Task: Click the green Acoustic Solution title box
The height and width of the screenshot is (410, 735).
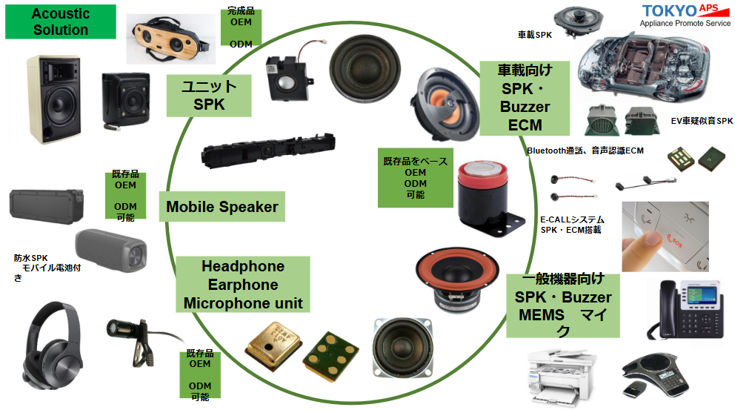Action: tap(61, 22)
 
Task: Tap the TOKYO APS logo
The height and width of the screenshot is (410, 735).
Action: tap(686, 16)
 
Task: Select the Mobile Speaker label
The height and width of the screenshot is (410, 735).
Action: tap(222, 206)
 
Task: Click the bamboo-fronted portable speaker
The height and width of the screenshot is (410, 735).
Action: tap(170, 39)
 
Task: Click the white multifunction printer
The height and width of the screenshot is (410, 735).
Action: tap(561, 377)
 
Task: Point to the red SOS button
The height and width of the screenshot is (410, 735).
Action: tap(675, 241)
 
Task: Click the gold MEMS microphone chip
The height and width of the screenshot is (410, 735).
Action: tap(273, 345)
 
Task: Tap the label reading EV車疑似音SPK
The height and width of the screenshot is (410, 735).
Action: tap(701, 121)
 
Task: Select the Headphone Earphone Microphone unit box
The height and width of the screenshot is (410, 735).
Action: tap(243, 284)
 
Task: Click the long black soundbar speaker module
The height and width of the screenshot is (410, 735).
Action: tap(268, 150)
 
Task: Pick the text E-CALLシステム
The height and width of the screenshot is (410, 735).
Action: tap(572, 219)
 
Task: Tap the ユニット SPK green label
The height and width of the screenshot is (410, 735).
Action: tap(209, 96)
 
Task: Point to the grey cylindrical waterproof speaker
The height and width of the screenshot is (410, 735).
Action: tap(111, 251)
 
